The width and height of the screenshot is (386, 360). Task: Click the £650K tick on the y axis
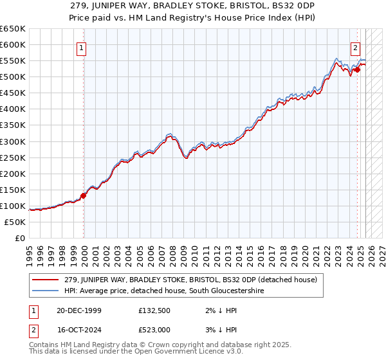click(13, 29)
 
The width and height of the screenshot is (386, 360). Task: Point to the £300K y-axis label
click(13, 141)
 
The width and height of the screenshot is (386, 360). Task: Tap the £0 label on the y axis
click(19, 238)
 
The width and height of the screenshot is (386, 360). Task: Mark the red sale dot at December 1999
click(84, 195)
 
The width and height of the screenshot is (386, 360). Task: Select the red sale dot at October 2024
click(358, 69)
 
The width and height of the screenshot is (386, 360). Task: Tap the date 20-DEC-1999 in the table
click(75, 310)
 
